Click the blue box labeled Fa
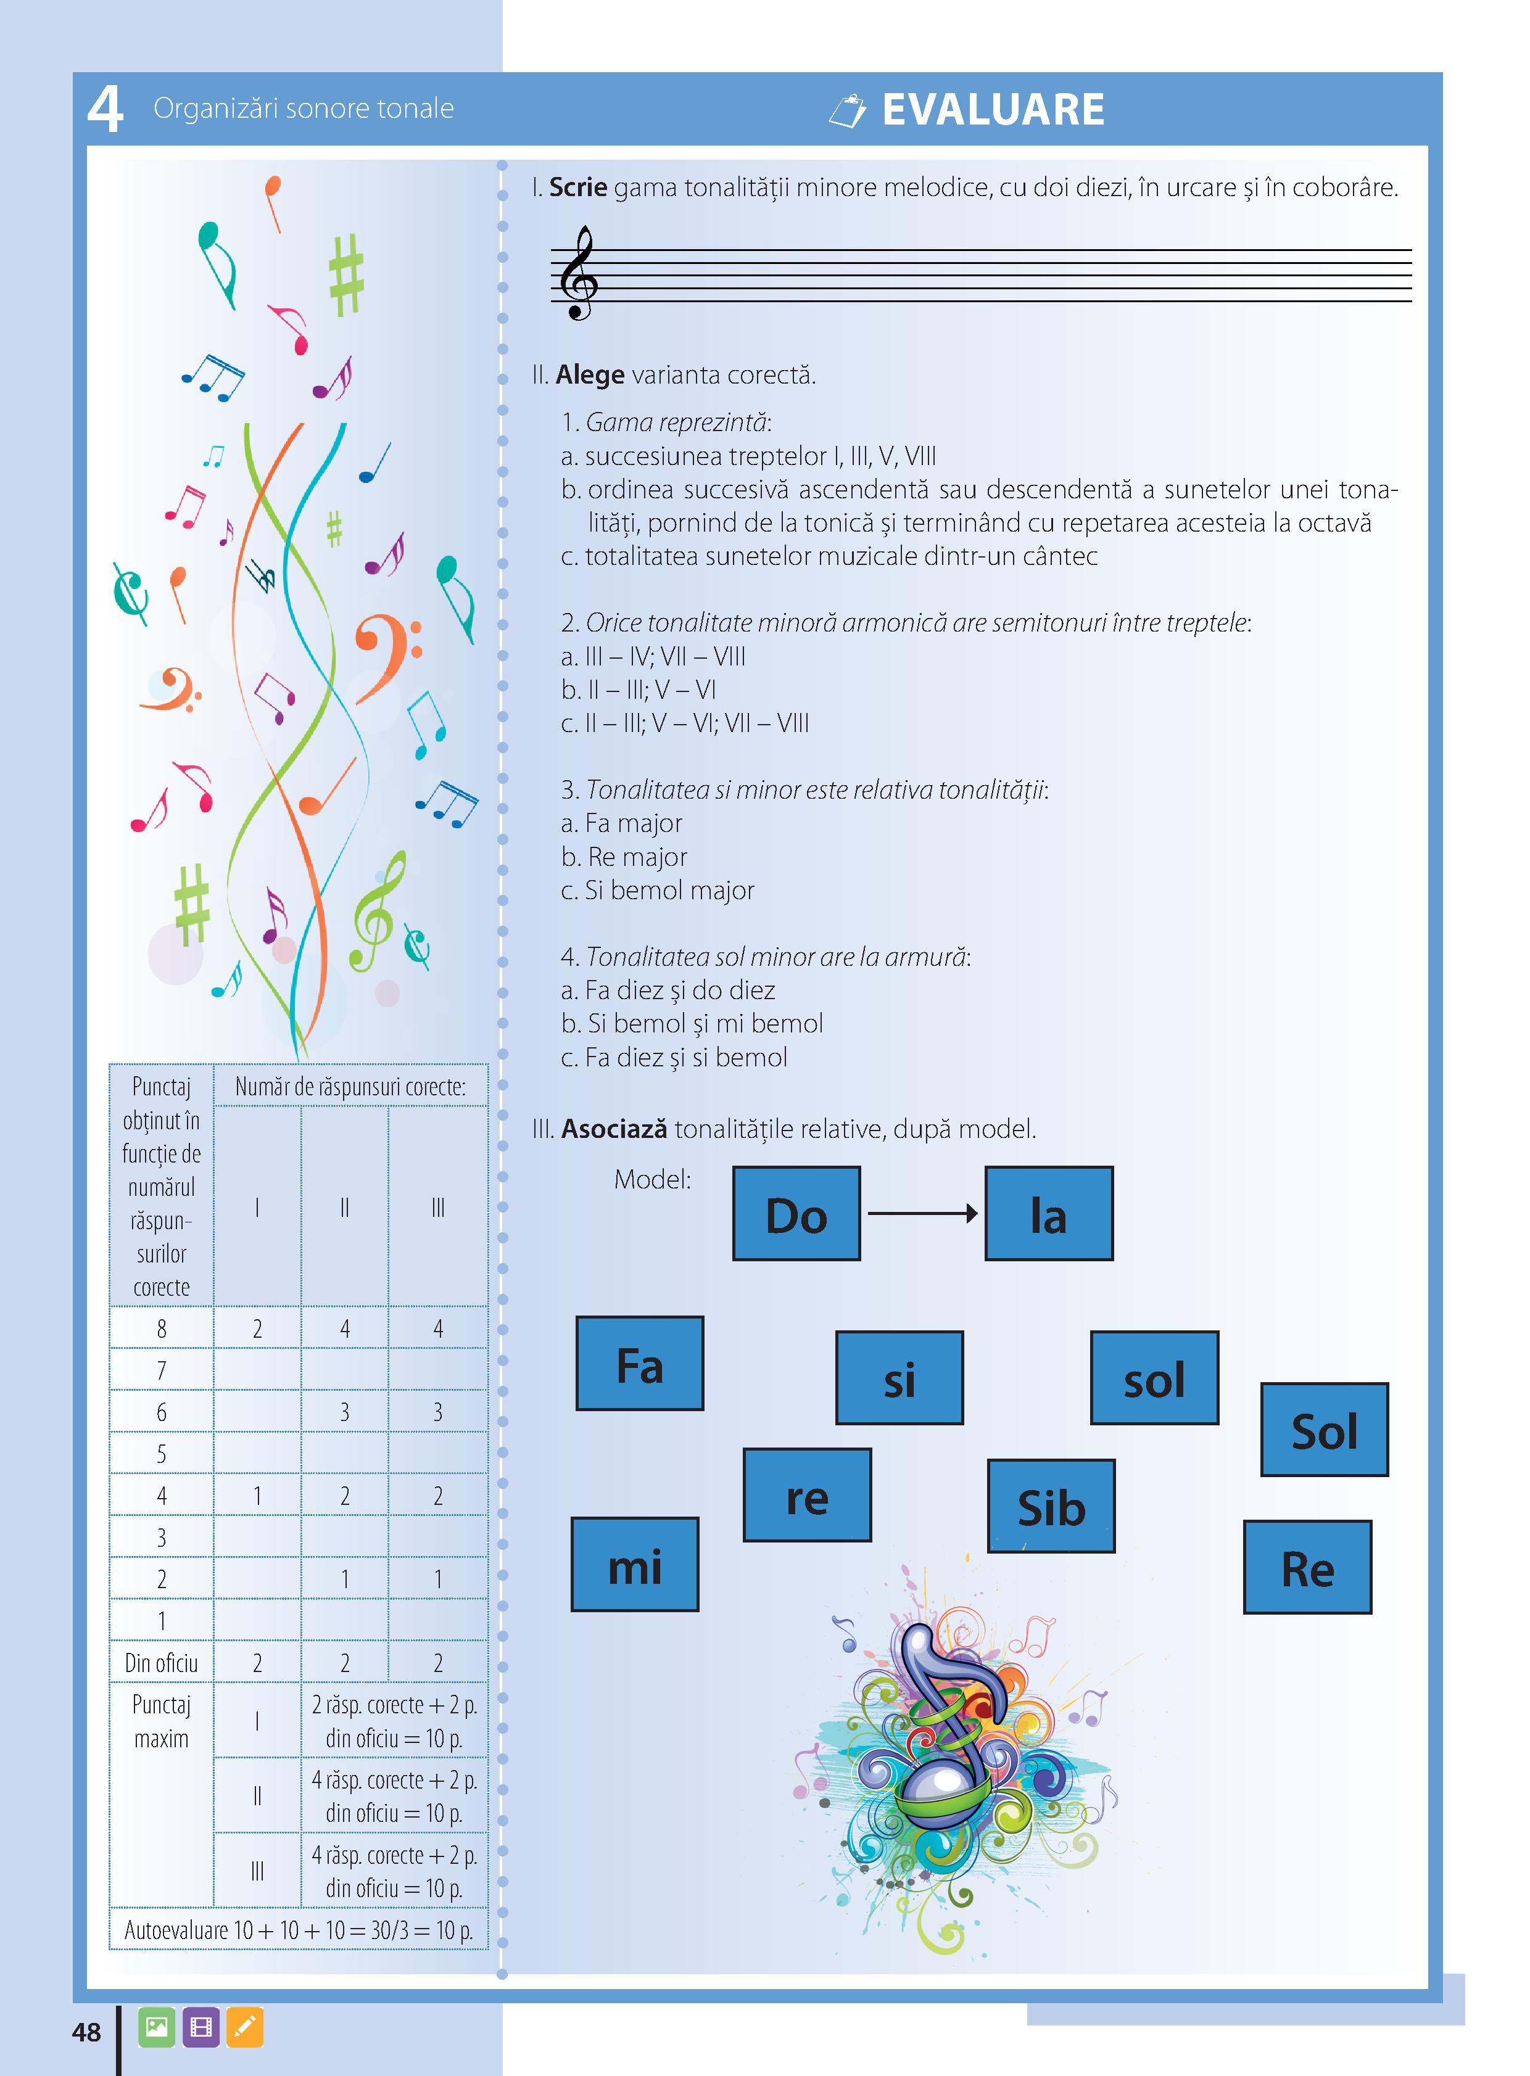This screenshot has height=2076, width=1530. point(639,1363)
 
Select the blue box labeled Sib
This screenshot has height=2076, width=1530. point(1051,1506)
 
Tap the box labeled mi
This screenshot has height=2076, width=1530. point(634,1564)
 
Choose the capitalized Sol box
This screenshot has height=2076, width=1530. point(1325,1429)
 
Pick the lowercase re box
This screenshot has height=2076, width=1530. point(807,1494)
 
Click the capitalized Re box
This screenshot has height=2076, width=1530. point(1307,1567)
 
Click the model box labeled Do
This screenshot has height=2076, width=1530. point(796,1213)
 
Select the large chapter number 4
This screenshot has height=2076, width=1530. point(105,109)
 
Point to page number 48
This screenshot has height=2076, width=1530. point(86,2032)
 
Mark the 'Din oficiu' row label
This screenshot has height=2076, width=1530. point(161,1662)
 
